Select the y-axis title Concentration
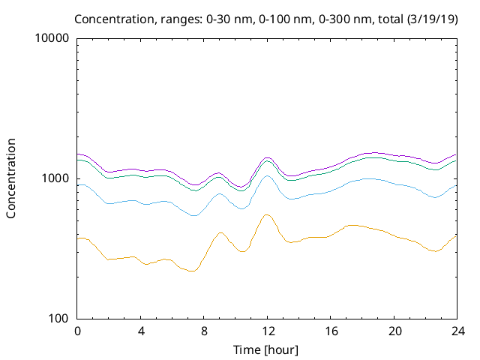(x=11, y=178)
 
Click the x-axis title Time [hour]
(x=267, y=349)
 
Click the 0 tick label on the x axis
(x=77, y=331)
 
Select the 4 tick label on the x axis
(x=140, y=331)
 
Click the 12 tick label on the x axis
(x=267, y=331)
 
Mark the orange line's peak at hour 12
(x=266, y=214)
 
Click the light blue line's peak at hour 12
(x=267, y=175)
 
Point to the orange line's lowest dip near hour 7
(x=192, y=271)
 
